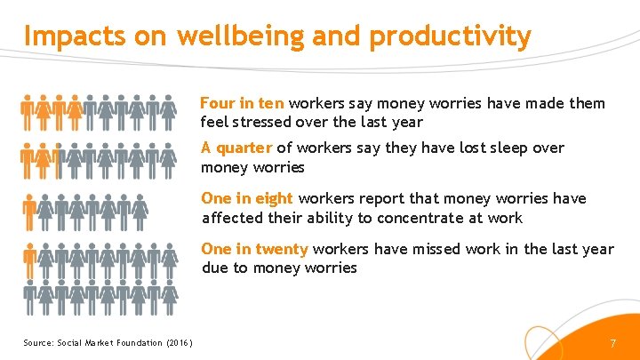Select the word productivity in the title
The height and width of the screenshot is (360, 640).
pos(450,36)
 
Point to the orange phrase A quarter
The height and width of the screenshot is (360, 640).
pos(236,148)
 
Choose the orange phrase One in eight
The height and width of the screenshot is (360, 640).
pos(247,198)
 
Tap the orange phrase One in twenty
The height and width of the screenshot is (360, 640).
pos(254,249)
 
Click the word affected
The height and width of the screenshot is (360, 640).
pos(232,218)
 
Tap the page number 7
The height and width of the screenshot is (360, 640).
pos(612,343)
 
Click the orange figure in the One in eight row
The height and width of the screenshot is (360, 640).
pos(28,210)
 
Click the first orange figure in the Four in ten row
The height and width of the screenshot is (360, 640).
pos(28,111)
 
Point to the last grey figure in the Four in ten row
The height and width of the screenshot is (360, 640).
pos(168,111)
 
